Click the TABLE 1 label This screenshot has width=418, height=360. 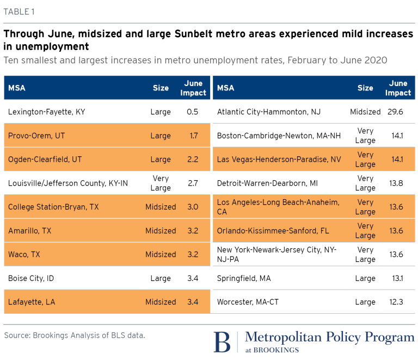[19, 12]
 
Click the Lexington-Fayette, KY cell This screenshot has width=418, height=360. [47, 112]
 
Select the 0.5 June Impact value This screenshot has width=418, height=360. [193, 112]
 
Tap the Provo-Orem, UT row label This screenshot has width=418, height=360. [36, 136]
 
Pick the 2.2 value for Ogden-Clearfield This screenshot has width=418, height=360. [193, 159]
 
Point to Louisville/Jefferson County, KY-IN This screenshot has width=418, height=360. [68, 183]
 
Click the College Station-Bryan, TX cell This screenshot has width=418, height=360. [53, 207]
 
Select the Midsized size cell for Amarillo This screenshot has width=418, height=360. [161, 231]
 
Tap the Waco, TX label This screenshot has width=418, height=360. [24, 254]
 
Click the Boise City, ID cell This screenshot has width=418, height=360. [31, 278]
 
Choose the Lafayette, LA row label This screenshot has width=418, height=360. [32, 302]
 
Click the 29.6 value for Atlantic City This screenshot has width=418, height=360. [395, 112]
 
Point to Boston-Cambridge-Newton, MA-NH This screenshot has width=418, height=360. [279, 136]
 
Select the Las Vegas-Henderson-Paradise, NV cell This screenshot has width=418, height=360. [279, 159]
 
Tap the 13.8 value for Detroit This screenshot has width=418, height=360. [396, 183]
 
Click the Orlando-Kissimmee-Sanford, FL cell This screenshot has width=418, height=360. [273, 231]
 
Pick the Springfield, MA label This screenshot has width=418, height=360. [244, 278]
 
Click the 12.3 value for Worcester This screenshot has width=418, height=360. [396, 302]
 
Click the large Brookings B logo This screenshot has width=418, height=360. [222, 342]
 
